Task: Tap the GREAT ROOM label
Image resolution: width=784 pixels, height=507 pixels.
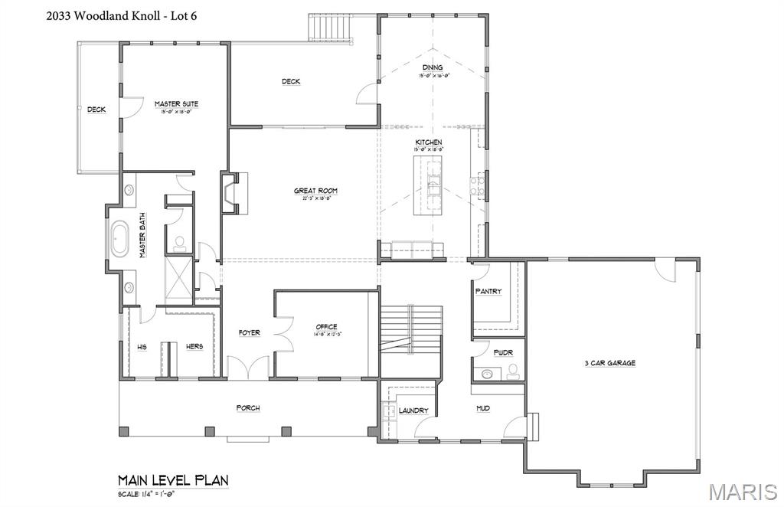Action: click(315, 191)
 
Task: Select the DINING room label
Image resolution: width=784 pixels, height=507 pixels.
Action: click(433, 67)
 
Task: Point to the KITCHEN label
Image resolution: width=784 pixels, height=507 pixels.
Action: click(429, 142)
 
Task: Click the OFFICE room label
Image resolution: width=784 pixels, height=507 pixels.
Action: click(326, 327)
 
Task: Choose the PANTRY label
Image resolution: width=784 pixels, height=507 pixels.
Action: click(488, 292)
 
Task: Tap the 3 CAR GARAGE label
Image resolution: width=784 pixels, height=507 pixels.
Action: click(609, 363)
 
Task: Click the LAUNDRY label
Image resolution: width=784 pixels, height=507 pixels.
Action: click(413, 411)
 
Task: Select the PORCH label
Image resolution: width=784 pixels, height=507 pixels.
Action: click(248, 408)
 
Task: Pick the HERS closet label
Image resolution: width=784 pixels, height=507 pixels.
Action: click(194, 347)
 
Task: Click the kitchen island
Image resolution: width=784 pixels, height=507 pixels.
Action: click(430, 185)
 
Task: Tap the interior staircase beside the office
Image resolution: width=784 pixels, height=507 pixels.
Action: click(412, 329)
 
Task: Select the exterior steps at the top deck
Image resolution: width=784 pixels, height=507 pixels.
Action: click(331, 28)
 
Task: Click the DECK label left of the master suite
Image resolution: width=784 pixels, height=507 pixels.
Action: click(96, 110)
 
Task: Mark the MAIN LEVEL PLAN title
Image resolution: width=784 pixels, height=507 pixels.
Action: click(173, 480)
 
